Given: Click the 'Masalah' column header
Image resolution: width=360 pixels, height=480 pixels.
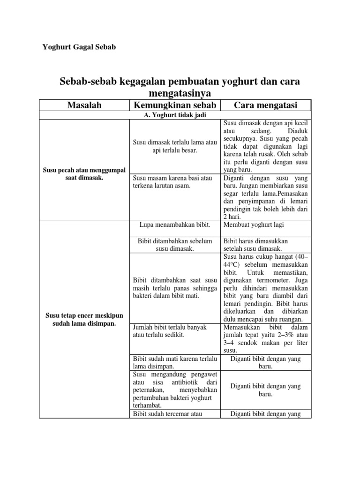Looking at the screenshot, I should click(x=84, y=105).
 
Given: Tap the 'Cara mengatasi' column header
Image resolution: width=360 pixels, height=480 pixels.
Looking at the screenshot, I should click(x=266, y=105).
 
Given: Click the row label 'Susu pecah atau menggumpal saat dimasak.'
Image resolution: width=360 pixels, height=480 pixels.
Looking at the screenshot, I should click(x=84, y=173).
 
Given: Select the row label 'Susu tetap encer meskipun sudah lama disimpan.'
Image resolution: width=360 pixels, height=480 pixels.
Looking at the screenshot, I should click(x=84, y=319).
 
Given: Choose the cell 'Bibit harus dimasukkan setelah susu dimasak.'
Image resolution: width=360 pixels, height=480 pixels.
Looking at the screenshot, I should click(x=255, y=245).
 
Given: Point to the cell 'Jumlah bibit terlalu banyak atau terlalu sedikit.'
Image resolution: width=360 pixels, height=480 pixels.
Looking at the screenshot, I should click(x=170, y=331).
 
